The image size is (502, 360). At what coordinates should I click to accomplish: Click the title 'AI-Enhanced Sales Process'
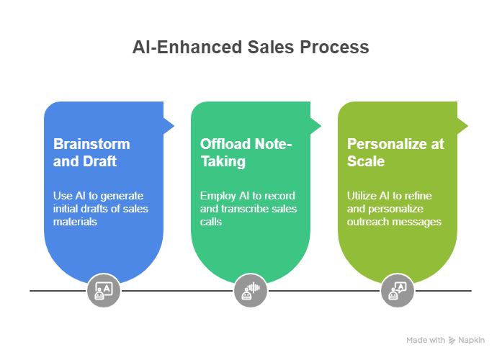point(251,48)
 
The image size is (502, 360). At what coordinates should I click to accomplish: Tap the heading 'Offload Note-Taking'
point(246,153)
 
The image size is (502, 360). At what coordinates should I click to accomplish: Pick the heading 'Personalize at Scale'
point(395,153)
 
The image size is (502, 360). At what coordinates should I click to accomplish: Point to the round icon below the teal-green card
point(250,290)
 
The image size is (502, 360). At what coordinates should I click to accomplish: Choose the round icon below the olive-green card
point(398,290)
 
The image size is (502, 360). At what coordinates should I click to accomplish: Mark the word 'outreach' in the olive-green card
point(369,222)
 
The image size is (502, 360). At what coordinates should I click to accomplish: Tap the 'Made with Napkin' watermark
point(445,340)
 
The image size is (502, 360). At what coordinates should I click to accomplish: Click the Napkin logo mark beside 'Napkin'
point(452,340)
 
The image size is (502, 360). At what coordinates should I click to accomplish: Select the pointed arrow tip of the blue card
point(174,127)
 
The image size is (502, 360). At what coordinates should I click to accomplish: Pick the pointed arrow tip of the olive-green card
point(467,127)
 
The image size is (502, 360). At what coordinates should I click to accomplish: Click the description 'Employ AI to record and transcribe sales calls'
point(248,209)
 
